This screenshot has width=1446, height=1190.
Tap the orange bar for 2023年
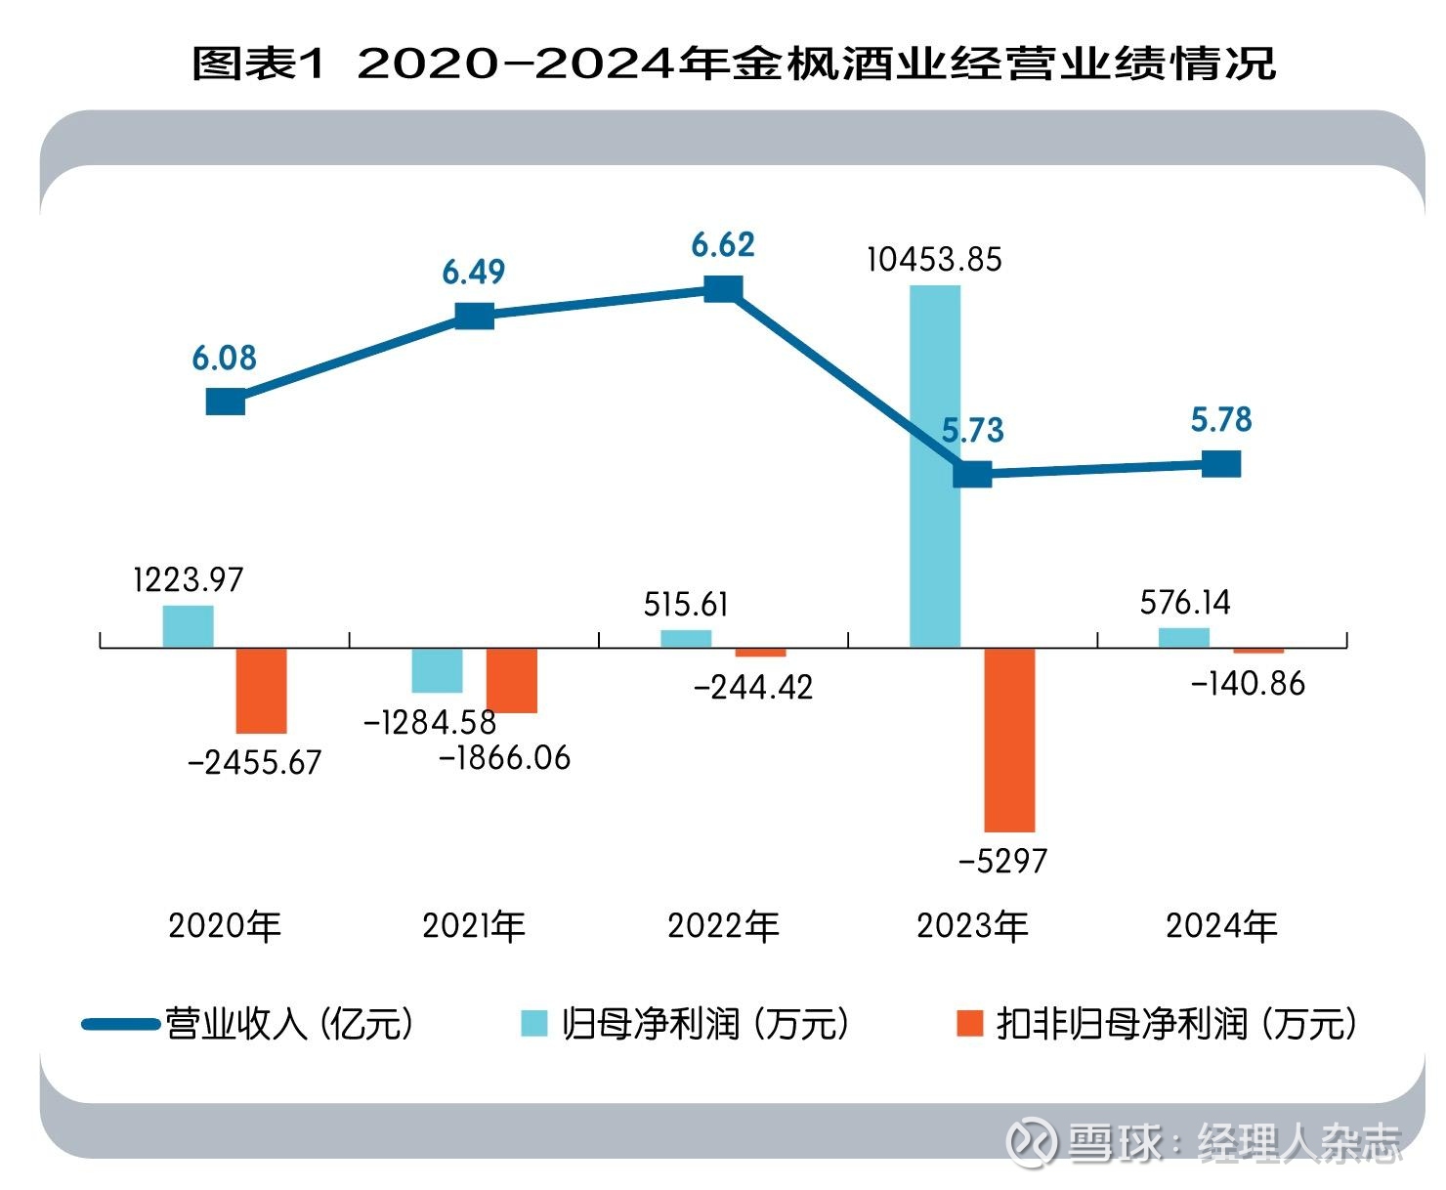point(1009,740)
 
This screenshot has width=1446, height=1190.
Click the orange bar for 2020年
point(262,690)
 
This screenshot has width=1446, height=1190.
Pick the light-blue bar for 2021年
point(437,670)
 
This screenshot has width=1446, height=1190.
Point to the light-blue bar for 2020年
point(188,626)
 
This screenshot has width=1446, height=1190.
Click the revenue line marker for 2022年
point(723,289)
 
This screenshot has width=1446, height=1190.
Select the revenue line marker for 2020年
point(226,401)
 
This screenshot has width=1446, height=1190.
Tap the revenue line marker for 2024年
point(1221,464)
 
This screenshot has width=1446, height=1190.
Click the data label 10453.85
point(934,260)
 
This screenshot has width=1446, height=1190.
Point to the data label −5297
point(1002,862)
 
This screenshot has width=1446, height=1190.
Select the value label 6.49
point(474,272)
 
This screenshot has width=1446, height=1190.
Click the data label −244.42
point(752,688)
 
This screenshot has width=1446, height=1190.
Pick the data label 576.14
point(1185,602)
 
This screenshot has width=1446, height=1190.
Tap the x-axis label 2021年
point(474,926)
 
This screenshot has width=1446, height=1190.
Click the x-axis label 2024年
point(1221,926)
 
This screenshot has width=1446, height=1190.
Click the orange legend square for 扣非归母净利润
point(969,1023)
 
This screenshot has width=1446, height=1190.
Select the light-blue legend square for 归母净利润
point(534,1023)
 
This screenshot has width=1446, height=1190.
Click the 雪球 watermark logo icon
point(1032,1141)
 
